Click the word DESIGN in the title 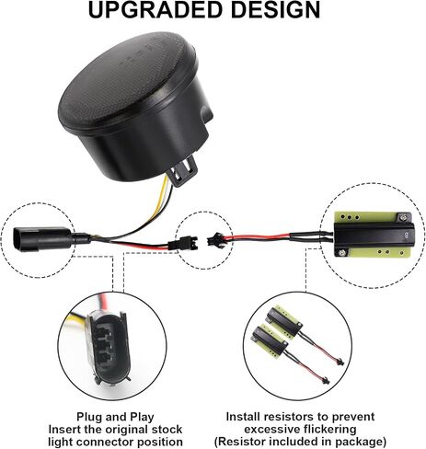pos(275,10)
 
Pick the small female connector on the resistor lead pos(214,239)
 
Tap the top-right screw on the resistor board pos(402,218)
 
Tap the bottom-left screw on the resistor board pos(341,253)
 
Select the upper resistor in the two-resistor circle pos(284,319)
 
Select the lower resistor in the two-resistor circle pos(270,341)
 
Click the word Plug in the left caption pos(89,417)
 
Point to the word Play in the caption pos(142,418)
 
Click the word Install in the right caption pos(243,417)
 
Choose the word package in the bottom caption pos(358,442)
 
